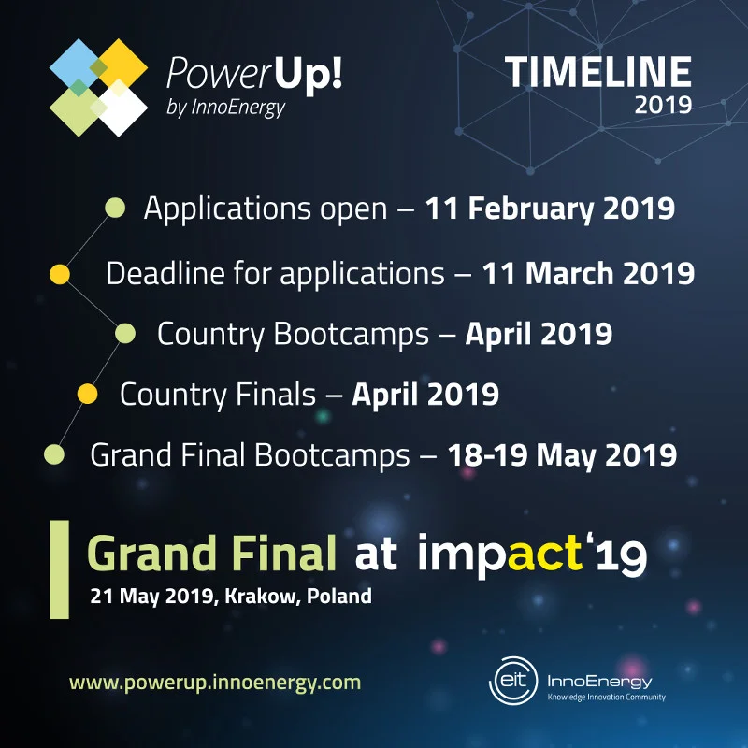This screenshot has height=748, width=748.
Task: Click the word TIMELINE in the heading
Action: (598, 72)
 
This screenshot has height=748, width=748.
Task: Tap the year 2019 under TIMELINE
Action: (663, 105)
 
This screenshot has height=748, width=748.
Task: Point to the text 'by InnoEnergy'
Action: (225, 108)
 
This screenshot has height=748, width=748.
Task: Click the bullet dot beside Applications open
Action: (115, 208)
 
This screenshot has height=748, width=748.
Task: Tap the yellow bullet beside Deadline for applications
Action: (60, 274)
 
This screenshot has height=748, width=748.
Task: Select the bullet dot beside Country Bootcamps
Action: (125, 333)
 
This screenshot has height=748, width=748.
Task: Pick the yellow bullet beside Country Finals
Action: (87, 394)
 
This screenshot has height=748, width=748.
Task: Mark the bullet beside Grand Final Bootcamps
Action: (54, 454)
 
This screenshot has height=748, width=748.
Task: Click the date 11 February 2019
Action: (550, 209)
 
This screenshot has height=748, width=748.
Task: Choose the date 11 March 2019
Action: (588, 273)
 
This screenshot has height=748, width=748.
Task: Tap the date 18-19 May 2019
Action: (563, 455)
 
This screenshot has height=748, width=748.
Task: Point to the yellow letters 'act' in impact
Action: (545, 554)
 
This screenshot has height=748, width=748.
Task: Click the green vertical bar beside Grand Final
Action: (60, 569)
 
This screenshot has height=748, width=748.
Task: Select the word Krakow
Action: (263, 597)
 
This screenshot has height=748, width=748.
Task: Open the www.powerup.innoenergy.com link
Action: (215, 683)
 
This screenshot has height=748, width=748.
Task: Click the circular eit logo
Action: (513, 681)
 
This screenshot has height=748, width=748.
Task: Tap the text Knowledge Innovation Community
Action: (606, 698)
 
